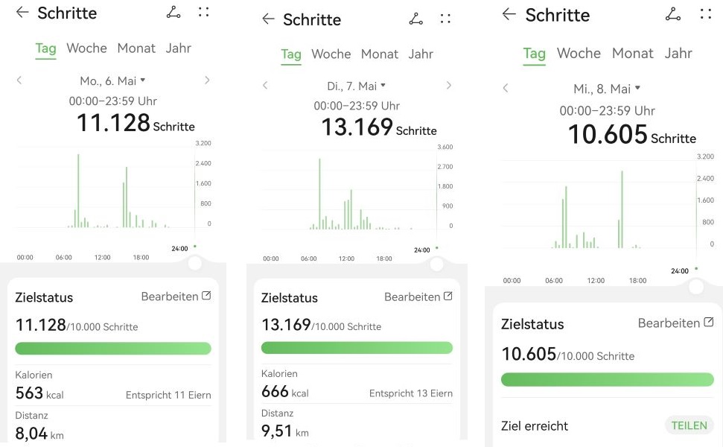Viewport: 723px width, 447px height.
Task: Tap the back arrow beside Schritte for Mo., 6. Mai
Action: point(22,13)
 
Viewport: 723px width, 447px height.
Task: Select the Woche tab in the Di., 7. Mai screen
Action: point(331,54)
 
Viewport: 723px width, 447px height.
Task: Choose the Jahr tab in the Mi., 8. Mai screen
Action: point(678,53)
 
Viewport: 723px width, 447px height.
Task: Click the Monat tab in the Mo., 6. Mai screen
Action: point(136,48)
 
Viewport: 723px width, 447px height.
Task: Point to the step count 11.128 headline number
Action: point(113,123)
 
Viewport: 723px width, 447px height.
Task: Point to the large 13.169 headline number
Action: point(357,127)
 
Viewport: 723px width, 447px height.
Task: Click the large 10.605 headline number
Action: point(607,135)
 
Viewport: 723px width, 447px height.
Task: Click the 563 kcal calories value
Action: point(39,393)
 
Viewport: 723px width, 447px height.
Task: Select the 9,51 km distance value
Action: point(284,431)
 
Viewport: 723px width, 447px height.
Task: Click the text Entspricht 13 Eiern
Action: point(410,393)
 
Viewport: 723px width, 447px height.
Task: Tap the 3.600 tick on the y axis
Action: point(445,148)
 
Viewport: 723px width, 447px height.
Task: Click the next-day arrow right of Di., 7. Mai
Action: point(448,86)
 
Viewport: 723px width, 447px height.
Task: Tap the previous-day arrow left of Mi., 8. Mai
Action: point(506,89)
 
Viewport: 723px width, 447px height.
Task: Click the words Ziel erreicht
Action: point(535,426)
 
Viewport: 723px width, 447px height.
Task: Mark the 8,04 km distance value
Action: point(39,434)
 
